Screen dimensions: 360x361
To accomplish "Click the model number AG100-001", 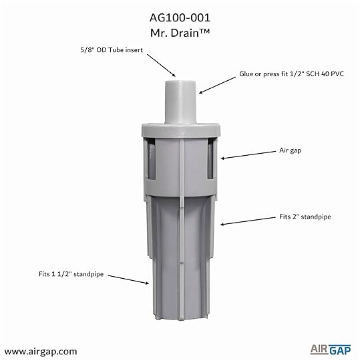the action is tap(180, 18).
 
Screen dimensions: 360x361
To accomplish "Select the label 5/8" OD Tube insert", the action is tap(112, 50).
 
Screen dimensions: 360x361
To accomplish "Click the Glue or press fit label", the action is tap(291, 74).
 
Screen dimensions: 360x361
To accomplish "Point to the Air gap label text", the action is tap(291, 150).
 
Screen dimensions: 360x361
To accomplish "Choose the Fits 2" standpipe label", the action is tap(305, 217).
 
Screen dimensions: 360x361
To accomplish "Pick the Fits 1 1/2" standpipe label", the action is tap(71, 274).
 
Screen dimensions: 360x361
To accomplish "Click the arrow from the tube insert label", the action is tap(161, 66).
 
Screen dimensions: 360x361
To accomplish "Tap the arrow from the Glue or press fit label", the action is tap(217, 85).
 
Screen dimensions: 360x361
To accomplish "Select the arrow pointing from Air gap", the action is tap(248, 155).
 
